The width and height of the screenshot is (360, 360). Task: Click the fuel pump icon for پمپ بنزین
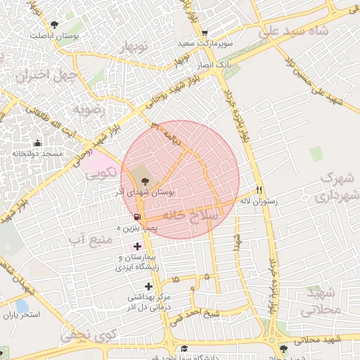[136, 217]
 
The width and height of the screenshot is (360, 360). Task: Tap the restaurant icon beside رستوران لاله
[259, 190]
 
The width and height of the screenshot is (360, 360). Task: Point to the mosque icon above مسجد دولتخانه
[37, 143]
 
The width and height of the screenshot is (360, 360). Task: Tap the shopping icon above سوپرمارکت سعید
[204, 33]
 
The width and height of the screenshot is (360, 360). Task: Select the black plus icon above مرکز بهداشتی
[148, 286]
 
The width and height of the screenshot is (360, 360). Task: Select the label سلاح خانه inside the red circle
[187, 214]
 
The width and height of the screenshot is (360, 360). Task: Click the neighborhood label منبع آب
[91, 240]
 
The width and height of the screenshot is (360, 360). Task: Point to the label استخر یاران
[22, 314]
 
